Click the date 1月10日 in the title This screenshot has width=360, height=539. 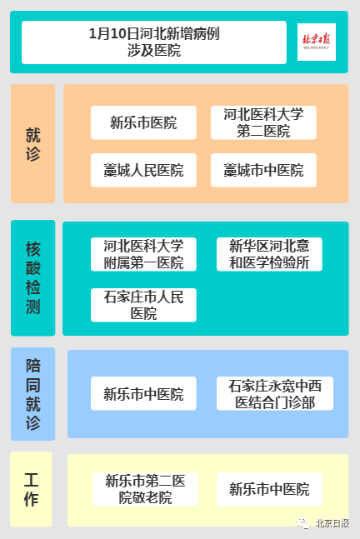coord(114,33)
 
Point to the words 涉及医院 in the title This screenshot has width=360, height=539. coord(154,51)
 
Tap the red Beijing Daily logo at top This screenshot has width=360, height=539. coord(317,42)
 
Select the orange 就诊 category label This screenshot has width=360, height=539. coord(33,143)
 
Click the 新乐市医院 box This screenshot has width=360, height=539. coord(143,122)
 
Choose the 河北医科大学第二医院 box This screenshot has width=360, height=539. coord(263,122)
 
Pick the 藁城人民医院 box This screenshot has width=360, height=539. coord(143,170)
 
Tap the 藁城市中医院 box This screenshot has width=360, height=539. coord(263,170)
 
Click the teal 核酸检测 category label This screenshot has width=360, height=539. coord(33,277)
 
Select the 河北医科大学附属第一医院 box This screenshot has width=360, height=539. coord(143,254)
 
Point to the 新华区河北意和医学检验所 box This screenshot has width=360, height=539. coord(269,254)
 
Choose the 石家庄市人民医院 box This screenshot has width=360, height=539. coord(143,305)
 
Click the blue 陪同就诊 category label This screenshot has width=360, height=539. coord(33,394)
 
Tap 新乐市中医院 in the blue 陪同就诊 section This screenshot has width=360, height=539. coord(143,393)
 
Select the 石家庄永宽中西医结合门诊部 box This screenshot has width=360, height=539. coord(275,393)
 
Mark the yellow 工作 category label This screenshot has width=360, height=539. coord(32,489)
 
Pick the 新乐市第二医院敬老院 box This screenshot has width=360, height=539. coord(145,489)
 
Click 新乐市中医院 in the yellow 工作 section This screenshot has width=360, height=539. coord(269,489)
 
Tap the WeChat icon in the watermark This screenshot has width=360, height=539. coord(303,523)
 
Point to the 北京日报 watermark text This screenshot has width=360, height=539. coord(332,523)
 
